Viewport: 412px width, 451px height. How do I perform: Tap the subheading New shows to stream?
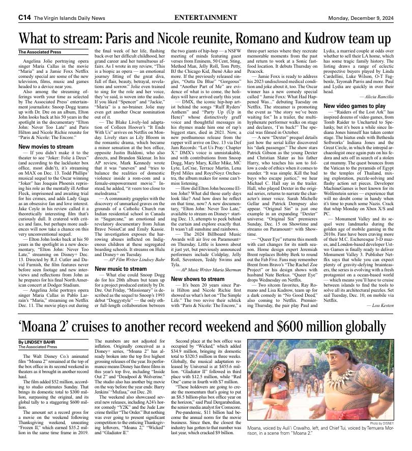pyautogui.click(x=195, y=279)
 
